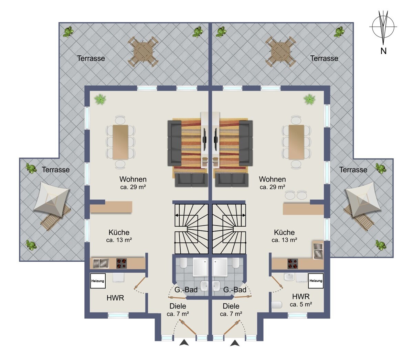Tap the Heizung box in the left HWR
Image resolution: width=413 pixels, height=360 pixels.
98,281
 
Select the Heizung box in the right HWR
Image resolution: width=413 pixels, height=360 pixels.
316,281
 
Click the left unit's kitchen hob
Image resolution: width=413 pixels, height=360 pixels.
121,263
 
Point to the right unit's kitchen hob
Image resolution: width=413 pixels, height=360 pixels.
293,264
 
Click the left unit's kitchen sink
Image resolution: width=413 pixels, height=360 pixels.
101,263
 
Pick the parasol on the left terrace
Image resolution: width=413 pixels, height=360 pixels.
52,199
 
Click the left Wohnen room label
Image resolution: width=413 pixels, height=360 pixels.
133,179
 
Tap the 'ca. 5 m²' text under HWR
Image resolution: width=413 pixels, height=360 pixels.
301,304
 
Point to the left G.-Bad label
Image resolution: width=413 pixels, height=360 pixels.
186,290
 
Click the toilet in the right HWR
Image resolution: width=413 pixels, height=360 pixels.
277,305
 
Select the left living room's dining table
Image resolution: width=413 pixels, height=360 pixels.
120,142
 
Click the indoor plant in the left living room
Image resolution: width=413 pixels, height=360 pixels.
100,99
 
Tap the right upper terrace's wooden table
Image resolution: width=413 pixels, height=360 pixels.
280,52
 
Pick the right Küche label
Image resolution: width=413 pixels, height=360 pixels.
284,232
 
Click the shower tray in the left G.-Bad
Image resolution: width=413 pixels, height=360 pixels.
200,267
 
